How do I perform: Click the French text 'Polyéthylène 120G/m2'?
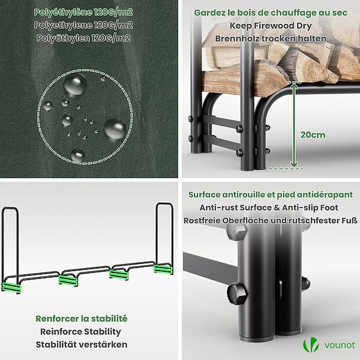[83, 12]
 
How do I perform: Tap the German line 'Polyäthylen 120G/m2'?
[83, 38]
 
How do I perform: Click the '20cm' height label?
[313, 135]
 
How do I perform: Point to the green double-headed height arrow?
[293, 125]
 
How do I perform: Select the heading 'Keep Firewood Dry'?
[271, 26]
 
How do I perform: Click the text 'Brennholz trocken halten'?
[271, 38]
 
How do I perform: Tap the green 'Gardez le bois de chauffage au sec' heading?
[271, 13]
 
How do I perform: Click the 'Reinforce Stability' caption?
[80, 332]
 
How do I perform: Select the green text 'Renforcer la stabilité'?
[82, 319]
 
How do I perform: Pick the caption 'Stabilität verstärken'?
[82, 344]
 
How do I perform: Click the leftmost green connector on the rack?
[11, 288]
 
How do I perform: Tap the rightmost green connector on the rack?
[163, 269]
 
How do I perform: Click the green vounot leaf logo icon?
[311, 344]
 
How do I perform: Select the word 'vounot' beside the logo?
[340, 345]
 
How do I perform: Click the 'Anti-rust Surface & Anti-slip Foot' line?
[269, 208]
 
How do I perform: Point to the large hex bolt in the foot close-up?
[237, 293]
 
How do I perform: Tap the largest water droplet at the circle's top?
[75, 85]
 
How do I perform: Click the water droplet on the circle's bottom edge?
[78, 155]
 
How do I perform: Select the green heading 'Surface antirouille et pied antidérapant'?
[271, 194]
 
